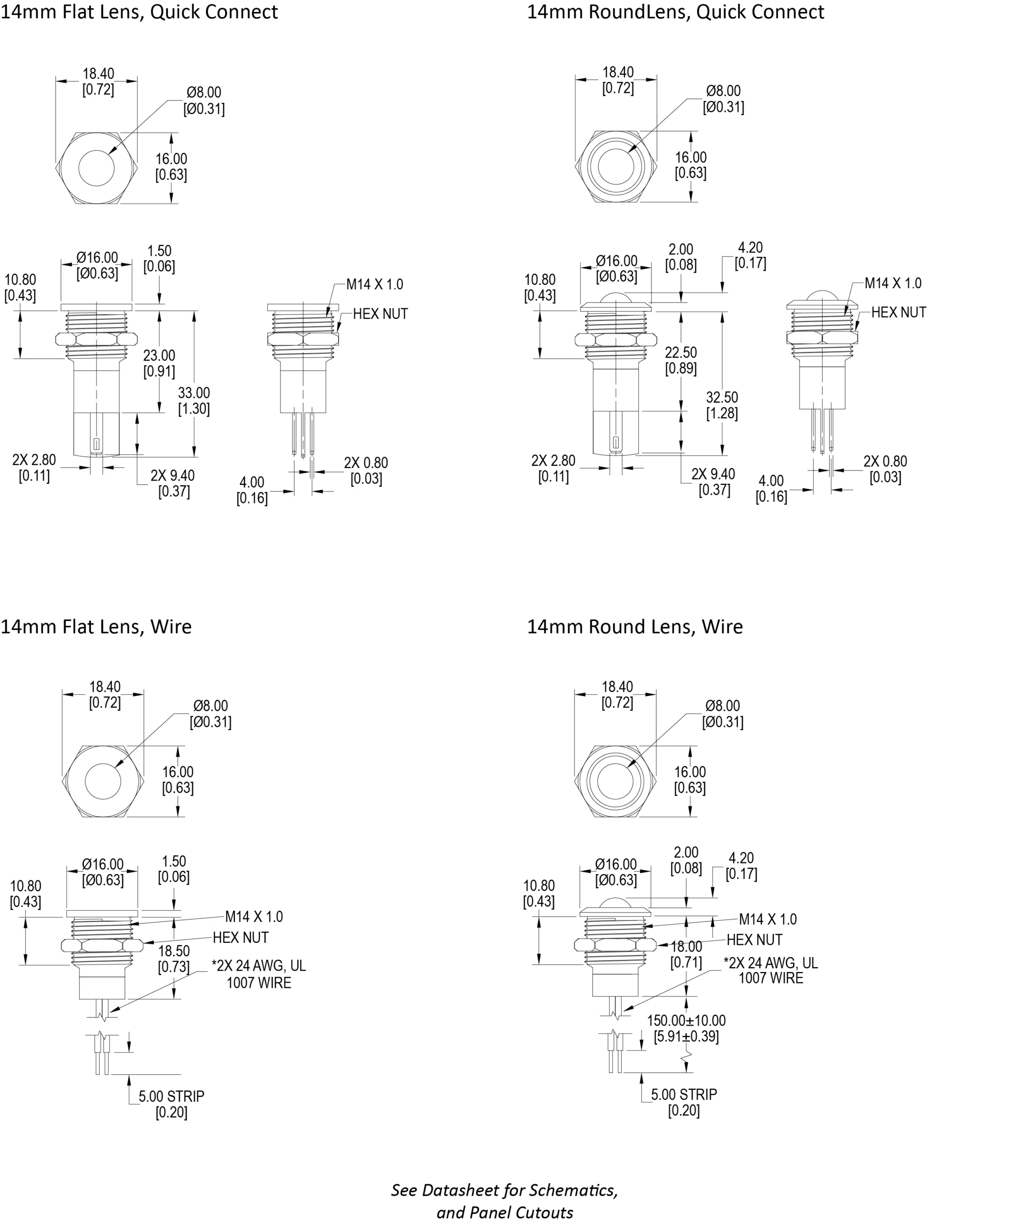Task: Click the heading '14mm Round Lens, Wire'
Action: [635, 626]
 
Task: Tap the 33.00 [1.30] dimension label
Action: [194, 401]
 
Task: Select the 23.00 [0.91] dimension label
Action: [159, 363]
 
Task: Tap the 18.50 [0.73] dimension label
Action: [174, 959]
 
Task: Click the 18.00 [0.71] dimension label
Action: [686, 954]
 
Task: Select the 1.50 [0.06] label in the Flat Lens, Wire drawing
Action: [174, 869]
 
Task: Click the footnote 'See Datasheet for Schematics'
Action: [505, 1190]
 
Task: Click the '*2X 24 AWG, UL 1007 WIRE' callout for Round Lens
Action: [770, 971]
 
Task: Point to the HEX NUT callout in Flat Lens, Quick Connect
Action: [380, 314]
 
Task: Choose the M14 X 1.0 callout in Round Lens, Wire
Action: [768, 919]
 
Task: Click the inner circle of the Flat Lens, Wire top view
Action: [103, 781]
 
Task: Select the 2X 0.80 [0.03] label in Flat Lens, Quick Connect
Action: [366, 470]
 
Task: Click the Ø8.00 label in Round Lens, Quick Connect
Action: [723, 99]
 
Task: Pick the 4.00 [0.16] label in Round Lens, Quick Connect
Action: [771, 489]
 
